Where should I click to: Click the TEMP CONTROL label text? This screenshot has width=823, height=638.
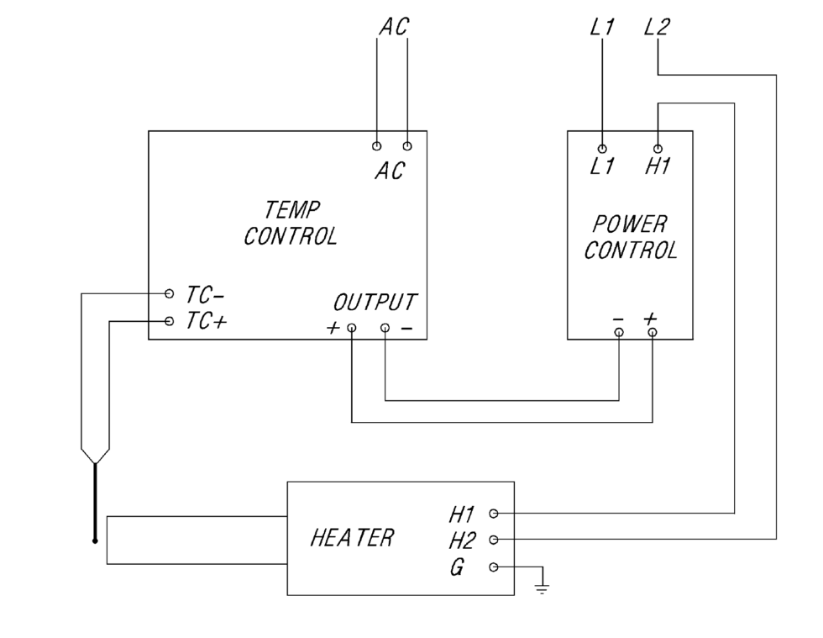(291, 223)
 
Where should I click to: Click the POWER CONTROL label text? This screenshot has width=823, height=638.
(631, 237)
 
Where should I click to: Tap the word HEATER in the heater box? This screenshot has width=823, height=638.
(352, 538)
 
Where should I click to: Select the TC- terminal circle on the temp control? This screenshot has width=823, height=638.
(170, 294)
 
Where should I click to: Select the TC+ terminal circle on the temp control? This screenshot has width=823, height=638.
(170, 321)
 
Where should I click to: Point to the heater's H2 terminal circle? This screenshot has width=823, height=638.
(494, 540)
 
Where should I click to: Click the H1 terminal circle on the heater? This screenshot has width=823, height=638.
(494, 513)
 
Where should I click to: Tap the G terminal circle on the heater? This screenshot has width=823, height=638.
(494, 567)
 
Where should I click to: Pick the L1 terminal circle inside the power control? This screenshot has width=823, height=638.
(602, 148)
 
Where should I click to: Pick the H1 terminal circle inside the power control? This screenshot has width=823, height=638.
(658, 148)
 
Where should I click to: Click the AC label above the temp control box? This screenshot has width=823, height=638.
(392, 27)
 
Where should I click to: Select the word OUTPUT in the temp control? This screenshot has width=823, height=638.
(375, 302)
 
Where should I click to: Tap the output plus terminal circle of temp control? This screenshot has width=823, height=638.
(351, 329)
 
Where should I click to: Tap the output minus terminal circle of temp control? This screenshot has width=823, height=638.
(385, 329)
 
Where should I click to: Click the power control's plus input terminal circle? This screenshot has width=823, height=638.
(653, 332)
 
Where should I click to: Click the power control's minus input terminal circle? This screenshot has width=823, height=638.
(619, 332)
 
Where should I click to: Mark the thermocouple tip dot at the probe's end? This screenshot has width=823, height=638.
(95, 540)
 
